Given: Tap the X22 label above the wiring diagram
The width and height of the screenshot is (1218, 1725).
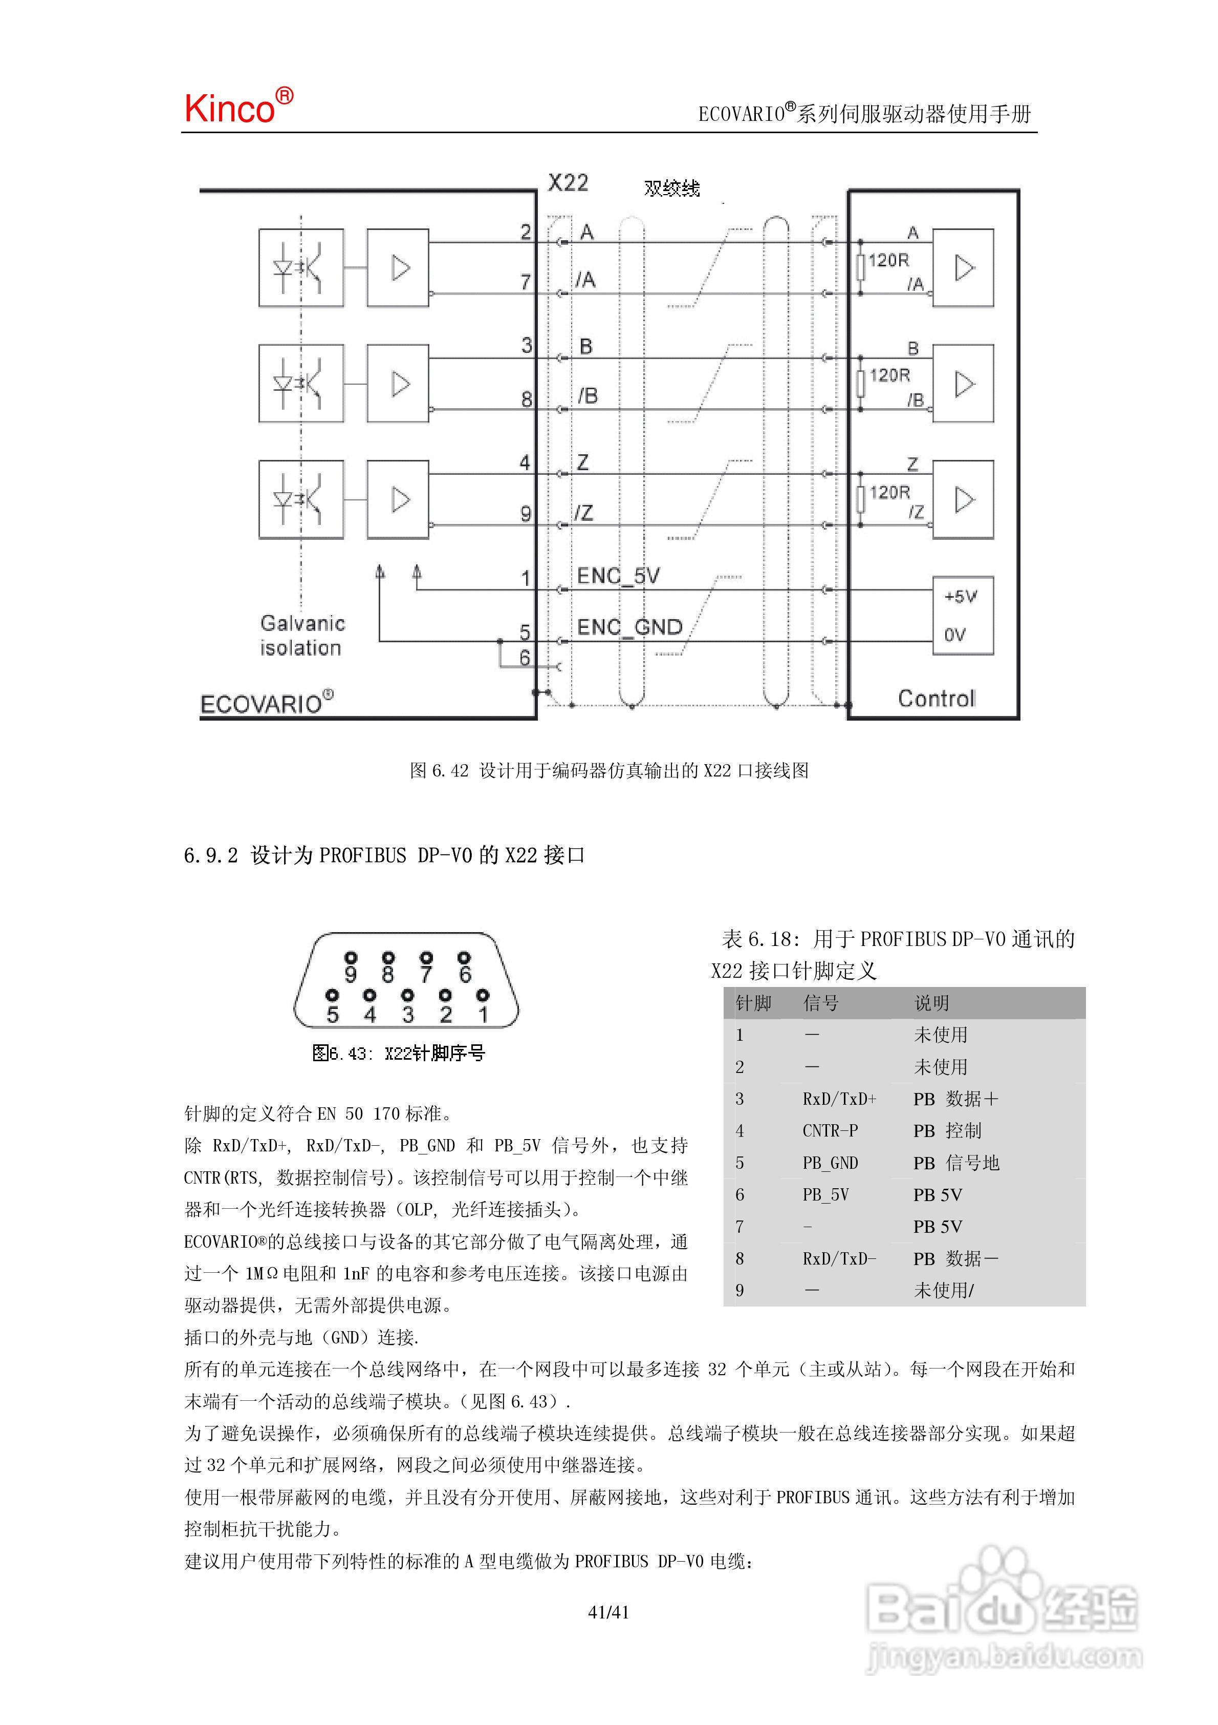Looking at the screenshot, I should point(568,182).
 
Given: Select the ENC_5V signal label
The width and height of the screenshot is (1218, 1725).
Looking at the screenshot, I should point(618,576).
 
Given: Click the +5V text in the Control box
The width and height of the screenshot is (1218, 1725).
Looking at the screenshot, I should point(961,597).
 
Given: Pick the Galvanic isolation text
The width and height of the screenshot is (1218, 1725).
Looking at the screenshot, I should point(302,635).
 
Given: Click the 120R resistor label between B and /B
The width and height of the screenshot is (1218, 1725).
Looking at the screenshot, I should point(890,375).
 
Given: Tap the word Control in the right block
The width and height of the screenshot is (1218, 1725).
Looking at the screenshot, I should point(937,699).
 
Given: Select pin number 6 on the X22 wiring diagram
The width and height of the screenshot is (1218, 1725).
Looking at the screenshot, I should point(525,658).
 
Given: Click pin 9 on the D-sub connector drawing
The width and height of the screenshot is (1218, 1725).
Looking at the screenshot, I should point(351,974).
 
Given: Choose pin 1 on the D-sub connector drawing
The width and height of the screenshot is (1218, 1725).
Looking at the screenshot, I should point(483,1014).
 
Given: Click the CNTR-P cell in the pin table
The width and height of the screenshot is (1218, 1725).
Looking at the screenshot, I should point(830,1131).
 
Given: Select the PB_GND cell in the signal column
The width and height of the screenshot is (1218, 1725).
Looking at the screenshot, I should point(830,1163).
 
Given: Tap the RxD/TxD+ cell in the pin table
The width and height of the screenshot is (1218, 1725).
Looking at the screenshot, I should point(839,1099).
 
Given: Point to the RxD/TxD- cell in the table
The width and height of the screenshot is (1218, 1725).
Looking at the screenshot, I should point(839,1258).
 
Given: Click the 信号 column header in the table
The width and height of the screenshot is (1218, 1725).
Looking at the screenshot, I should point(821,1003).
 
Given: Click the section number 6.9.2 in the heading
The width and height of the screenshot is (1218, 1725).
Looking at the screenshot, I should point(210,855).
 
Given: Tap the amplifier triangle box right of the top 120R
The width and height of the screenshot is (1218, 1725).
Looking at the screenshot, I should point(964,268).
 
